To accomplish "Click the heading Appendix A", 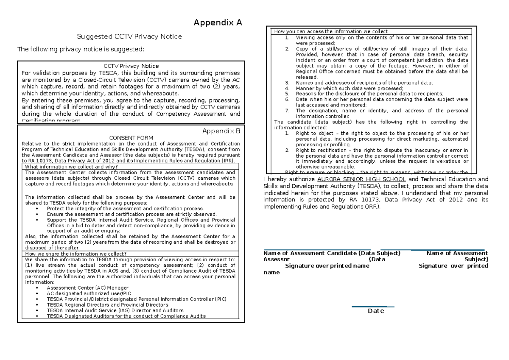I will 218,23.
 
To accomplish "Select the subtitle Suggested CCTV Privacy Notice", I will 129,36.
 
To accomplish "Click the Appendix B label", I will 221,131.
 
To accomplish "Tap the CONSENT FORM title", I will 131,138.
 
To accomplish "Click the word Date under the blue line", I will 375,311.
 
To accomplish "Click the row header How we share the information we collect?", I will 76,254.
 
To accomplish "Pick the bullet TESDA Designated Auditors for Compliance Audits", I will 126,316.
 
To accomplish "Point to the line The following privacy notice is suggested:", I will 81,49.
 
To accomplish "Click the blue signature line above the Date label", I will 373,307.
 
